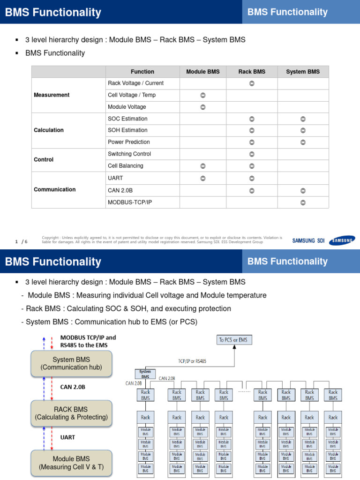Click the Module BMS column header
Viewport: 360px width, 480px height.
coord(202,72)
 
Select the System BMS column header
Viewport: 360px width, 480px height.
coord(303,72)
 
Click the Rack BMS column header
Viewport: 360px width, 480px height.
coord(252,72)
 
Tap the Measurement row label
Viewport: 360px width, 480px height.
coord(52,95)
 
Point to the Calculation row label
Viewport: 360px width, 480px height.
coord(49,130)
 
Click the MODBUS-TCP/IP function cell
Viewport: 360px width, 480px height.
coord(130,202)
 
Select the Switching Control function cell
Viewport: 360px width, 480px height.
coord(129,154)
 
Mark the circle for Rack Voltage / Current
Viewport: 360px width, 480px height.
coord(252,83)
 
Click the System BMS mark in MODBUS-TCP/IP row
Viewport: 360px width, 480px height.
coord(303,202)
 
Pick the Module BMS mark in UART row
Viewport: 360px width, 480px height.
coord(202,179)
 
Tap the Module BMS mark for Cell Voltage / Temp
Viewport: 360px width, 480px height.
coord(202,95)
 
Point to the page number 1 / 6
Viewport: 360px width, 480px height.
coord(22,241)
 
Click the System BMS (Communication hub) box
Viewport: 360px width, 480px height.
coord(71,364)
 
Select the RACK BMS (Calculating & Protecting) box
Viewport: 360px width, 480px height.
coord(71,413)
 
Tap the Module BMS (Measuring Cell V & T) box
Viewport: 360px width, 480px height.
coord(71,463)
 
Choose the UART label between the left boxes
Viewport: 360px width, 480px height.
coord(67,437)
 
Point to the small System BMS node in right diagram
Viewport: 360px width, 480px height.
coord(145,374)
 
